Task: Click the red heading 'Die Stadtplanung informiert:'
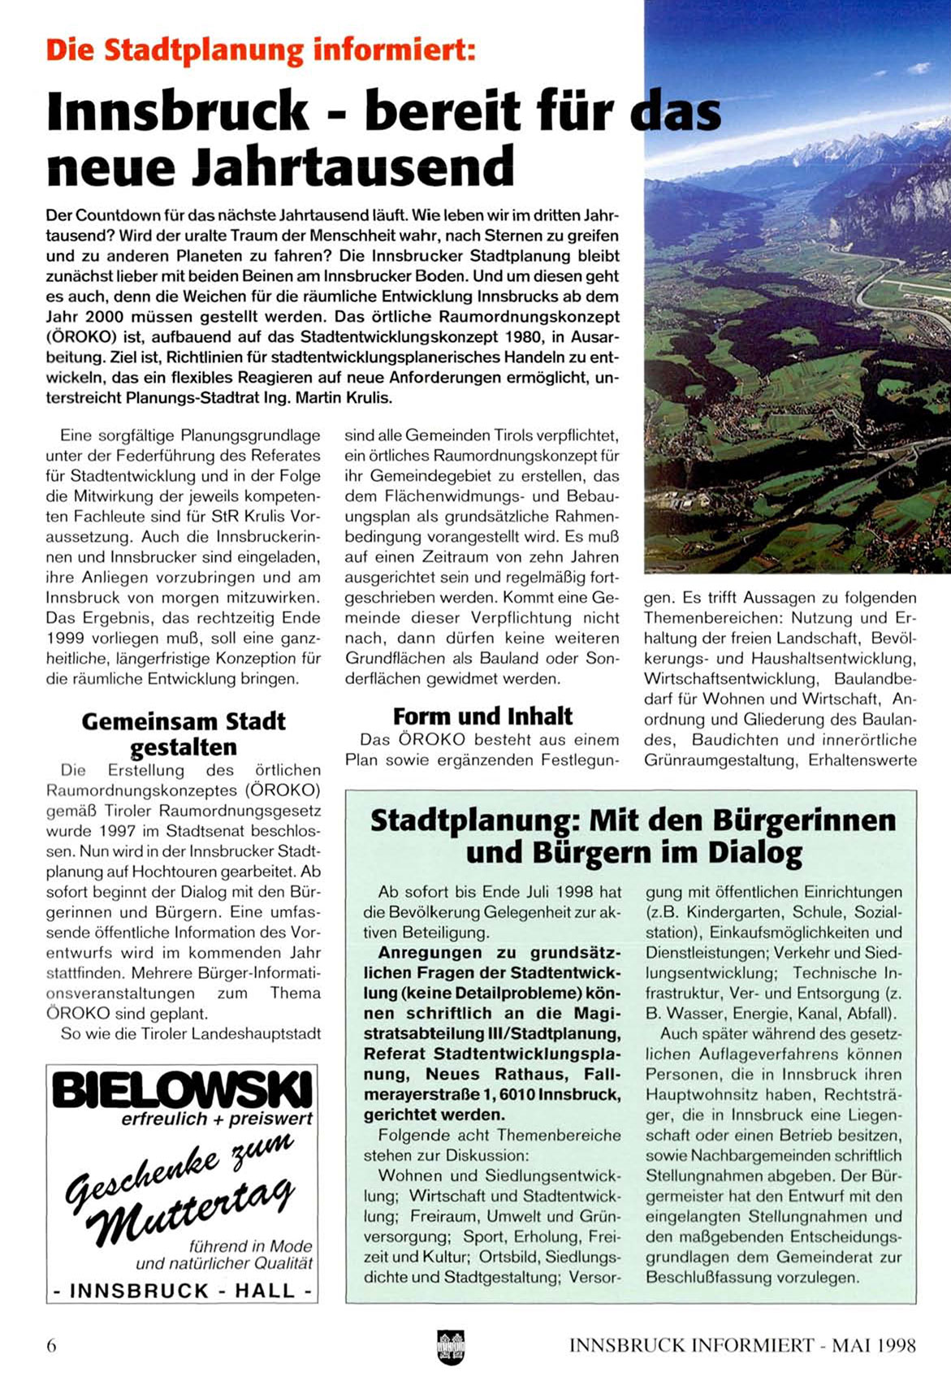pos(261,50)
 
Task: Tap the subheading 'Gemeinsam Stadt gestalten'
pos(184,734)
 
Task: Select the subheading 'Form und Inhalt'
pos(482,716)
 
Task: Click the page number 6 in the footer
pos(52,1345)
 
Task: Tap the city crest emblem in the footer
pos(451,1344)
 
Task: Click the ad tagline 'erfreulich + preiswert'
pos(217,1119)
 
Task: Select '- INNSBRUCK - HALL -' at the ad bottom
pos(182,1291)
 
